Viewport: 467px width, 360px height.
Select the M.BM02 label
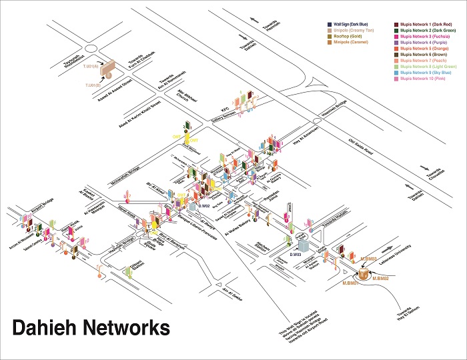click(380, 277)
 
